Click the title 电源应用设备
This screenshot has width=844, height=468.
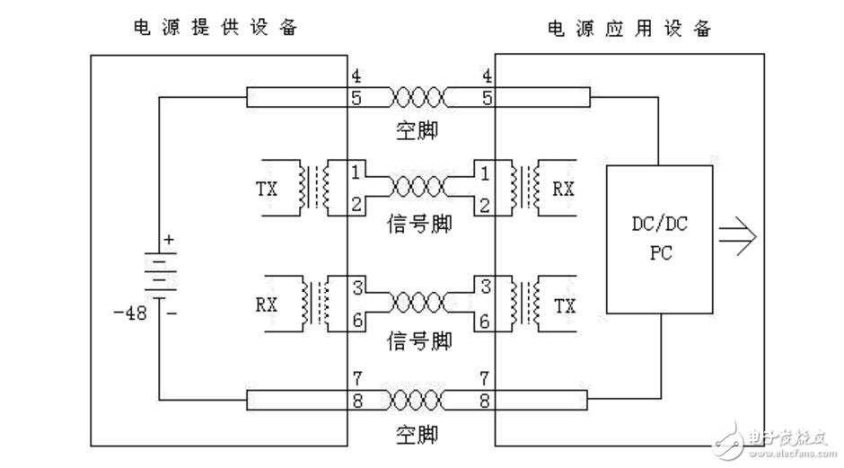[629, 28]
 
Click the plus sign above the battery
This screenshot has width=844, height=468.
[168, 240]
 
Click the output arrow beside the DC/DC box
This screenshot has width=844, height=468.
[738, 236]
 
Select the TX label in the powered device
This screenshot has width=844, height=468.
[563, 305]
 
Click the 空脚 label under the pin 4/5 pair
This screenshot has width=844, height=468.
[418, 131]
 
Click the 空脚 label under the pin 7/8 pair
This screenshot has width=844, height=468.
[418, 436]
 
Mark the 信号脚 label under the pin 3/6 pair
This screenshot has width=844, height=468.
[418, 340]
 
